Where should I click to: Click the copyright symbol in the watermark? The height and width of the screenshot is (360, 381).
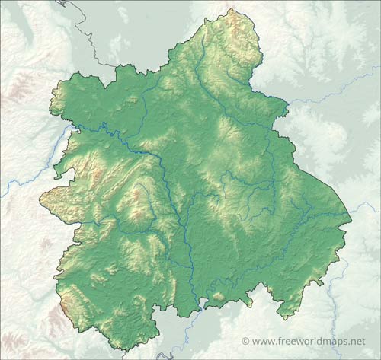pos(245,341)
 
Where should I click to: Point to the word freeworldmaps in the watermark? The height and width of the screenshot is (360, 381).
pos(312,341)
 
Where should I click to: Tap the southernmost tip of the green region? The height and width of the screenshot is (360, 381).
pos(122,349)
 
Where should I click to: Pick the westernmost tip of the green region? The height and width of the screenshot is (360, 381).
pos(40,199)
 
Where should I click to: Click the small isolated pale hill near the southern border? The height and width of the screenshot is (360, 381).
pos(218,296)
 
